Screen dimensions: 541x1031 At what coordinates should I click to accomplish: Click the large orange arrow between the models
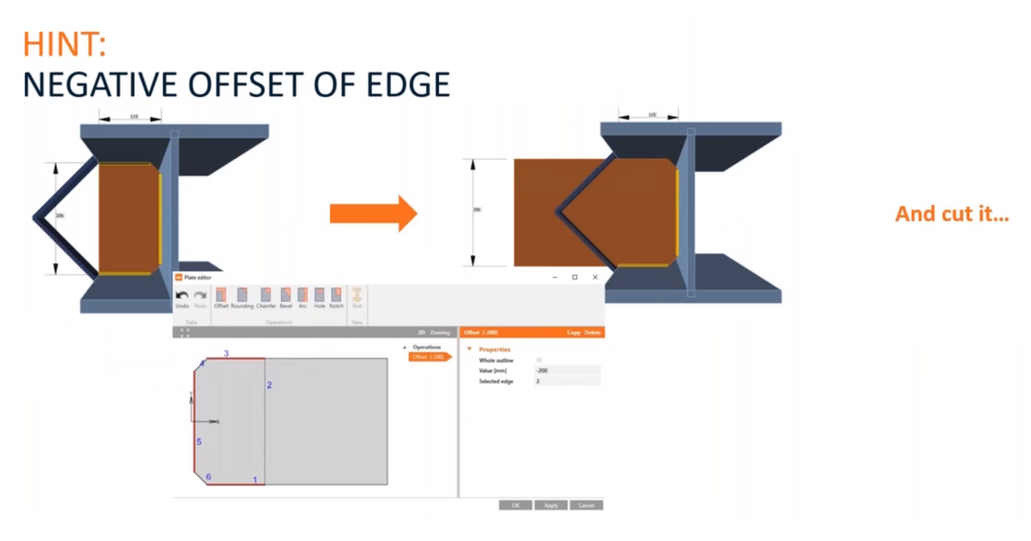tap(373, 213)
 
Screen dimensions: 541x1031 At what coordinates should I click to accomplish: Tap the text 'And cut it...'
tap(952, 214)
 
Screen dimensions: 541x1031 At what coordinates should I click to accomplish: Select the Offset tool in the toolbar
tap(221, 297)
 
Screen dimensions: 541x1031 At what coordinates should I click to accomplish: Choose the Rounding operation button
tap(241, 297)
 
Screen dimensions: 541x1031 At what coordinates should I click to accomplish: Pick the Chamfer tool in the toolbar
tap(265, 297)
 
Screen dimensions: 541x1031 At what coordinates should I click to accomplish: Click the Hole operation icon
tap(320, 297)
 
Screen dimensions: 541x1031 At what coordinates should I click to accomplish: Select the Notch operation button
tap(336, 297)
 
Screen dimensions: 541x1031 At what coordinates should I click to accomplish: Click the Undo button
tap(182, 297)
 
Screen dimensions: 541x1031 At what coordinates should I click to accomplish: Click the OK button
tap(515, 505)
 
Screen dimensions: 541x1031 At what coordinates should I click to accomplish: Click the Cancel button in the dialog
tap(586, 505)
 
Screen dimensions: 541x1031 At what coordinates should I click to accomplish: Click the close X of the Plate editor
tap(595, 277)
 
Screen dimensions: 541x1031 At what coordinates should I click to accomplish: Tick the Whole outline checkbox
tap(540, 360)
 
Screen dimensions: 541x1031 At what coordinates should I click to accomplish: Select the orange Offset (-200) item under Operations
tap(428, 356)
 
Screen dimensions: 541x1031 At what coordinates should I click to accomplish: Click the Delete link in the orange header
tap(592, 332)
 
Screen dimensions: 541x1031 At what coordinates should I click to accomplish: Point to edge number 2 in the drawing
tap(269, 386)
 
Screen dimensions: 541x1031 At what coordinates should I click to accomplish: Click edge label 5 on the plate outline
tap(198, 442)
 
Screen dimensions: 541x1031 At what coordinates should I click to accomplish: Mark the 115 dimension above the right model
tap(651, 114)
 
